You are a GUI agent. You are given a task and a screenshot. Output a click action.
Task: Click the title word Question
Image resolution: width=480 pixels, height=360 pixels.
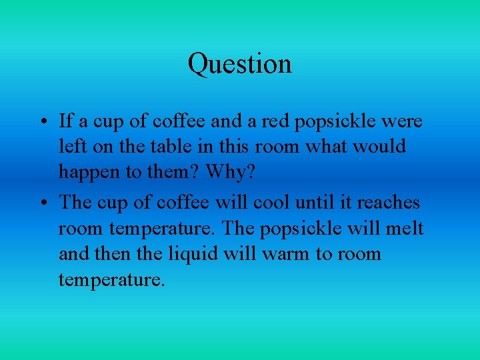[x=239, y=64]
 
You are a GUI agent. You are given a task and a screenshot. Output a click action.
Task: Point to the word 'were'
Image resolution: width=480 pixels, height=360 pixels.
[x=403, y=122]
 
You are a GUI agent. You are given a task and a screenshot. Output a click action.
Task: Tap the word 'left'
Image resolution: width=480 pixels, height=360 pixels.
[x=70, y=147]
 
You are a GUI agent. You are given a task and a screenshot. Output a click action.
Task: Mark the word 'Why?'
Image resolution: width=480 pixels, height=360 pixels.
[x=230, y=172]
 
